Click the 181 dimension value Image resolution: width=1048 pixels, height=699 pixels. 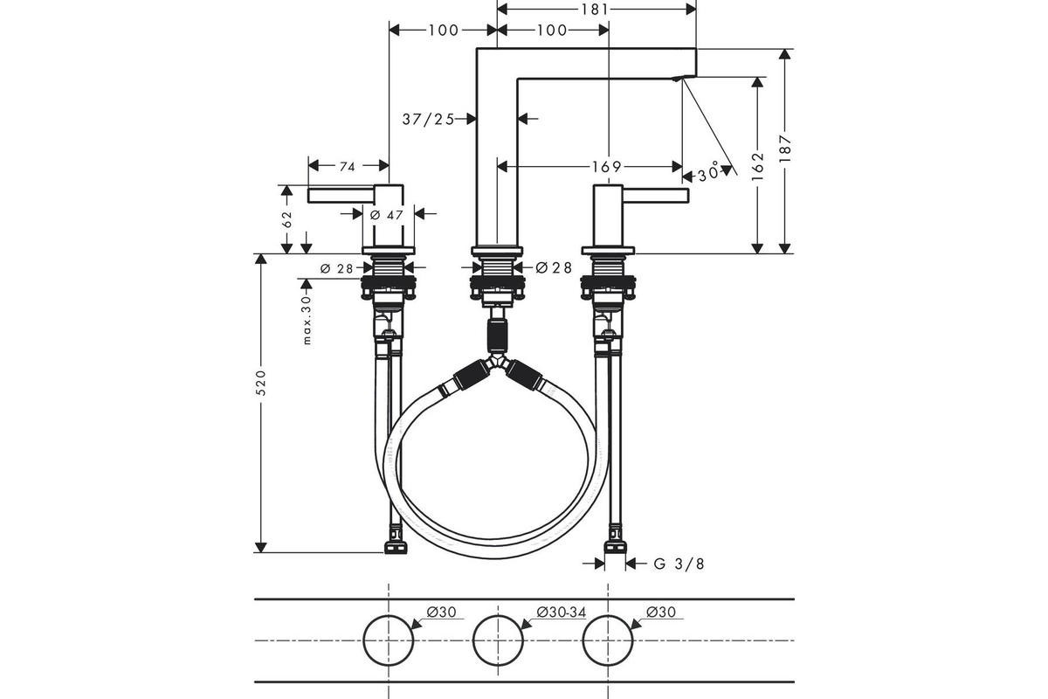tap(596, 10)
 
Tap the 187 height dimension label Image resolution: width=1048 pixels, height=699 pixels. tap(785, 149)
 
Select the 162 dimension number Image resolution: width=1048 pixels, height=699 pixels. tap(757, 167)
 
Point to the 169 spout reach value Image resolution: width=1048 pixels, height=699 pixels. tap(607, 167)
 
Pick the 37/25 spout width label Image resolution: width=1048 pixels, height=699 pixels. tap(428, 120)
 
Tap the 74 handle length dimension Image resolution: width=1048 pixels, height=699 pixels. tap(348, 167)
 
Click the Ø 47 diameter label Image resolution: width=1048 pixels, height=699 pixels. tap(386, 215)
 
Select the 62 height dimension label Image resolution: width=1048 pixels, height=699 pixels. tap(287, 219)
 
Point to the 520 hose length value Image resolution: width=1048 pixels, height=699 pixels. tap(261, 383)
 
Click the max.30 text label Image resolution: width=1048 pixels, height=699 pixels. tap(307, 321)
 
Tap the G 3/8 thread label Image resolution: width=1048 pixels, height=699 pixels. tap(679, 564)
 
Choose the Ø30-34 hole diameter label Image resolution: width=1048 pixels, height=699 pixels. tap(562, 612)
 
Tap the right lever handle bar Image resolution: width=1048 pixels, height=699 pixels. tap(656, 196)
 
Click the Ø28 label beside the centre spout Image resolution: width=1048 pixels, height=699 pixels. tap(554, 267)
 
